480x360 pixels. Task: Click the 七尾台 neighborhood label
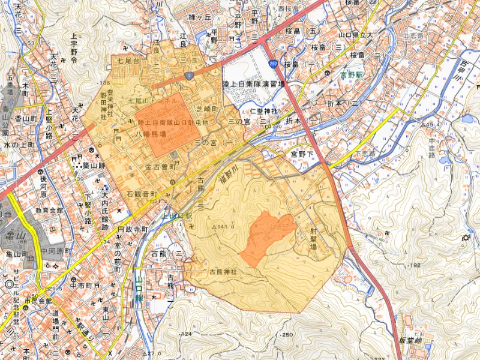pyautogui.click(x=128, y=61)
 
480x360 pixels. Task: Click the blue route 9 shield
pyautogui.click(x=189, y=75)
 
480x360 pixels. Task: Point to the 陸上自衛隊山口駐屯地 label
pyautogui.click(x=173, y=122)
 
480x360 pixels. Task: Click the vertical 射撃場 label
pyautogui.click(x=313, y=238)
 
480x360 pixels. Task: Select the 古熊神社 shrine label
pyautogui.click(x=223, y=272)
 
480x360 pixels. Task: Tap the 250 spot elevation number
pyautogui.click(x=287, y=334)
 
